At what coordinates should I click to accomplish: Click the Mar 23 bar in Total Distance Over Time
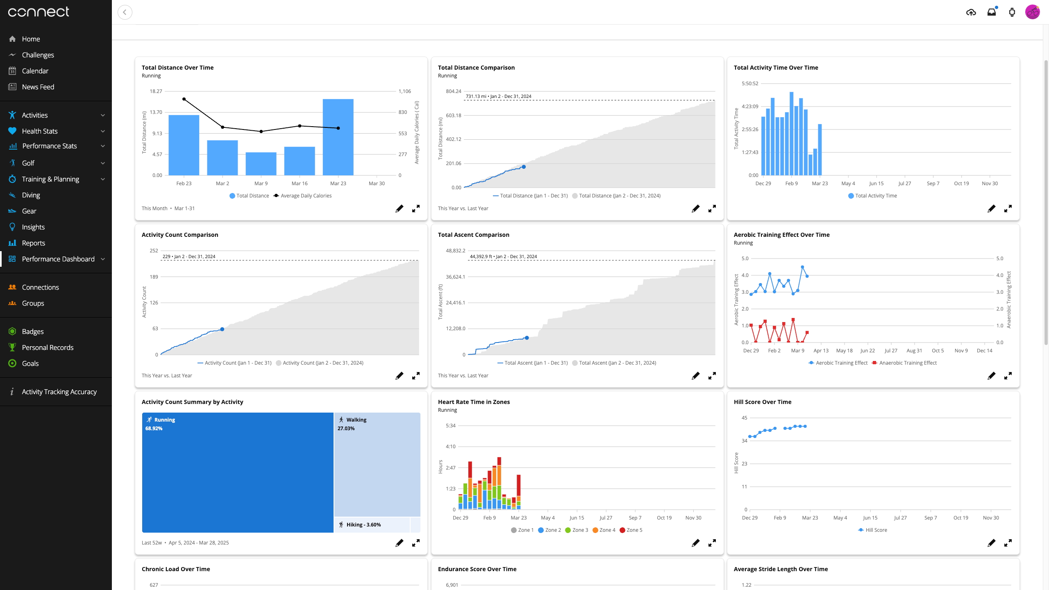coord(338,137)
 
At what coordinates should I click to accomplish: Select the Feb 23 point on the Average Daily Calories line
coord(184,99)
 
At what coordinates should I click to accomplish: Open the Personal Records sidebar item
coord(48,347)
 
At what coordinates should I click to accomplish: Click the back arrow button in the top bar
coord(125,12)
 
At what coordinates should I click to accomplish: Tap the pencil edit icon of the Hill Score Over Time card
coord(991,543)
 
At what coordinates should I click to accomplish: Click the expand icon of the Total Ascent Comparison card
coord(712,376)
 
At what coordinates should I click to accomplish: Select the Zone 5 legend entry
coord(631,530)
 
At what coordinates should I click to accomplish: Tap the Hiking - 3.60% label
coord(363,525)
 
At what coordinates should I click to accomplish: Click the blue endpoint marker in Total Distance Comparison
coord(524,167)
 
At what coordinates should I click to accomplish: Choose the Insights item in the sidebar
coord(33,227)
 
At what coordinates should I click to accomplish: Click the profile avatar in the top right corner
coord(1032,12)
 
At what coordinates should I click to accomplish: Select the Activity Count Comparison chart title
coord(180,235)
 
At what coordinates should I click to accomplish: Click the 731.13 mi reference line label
coord(498,96)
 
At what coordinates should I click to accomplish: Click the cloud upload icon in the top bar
coord(971,12)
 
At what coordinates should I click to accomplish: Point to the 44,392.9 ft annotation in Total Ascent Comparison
coord(503,256)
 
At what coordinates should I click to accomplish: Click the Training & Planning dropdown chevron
coord(103,179)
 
